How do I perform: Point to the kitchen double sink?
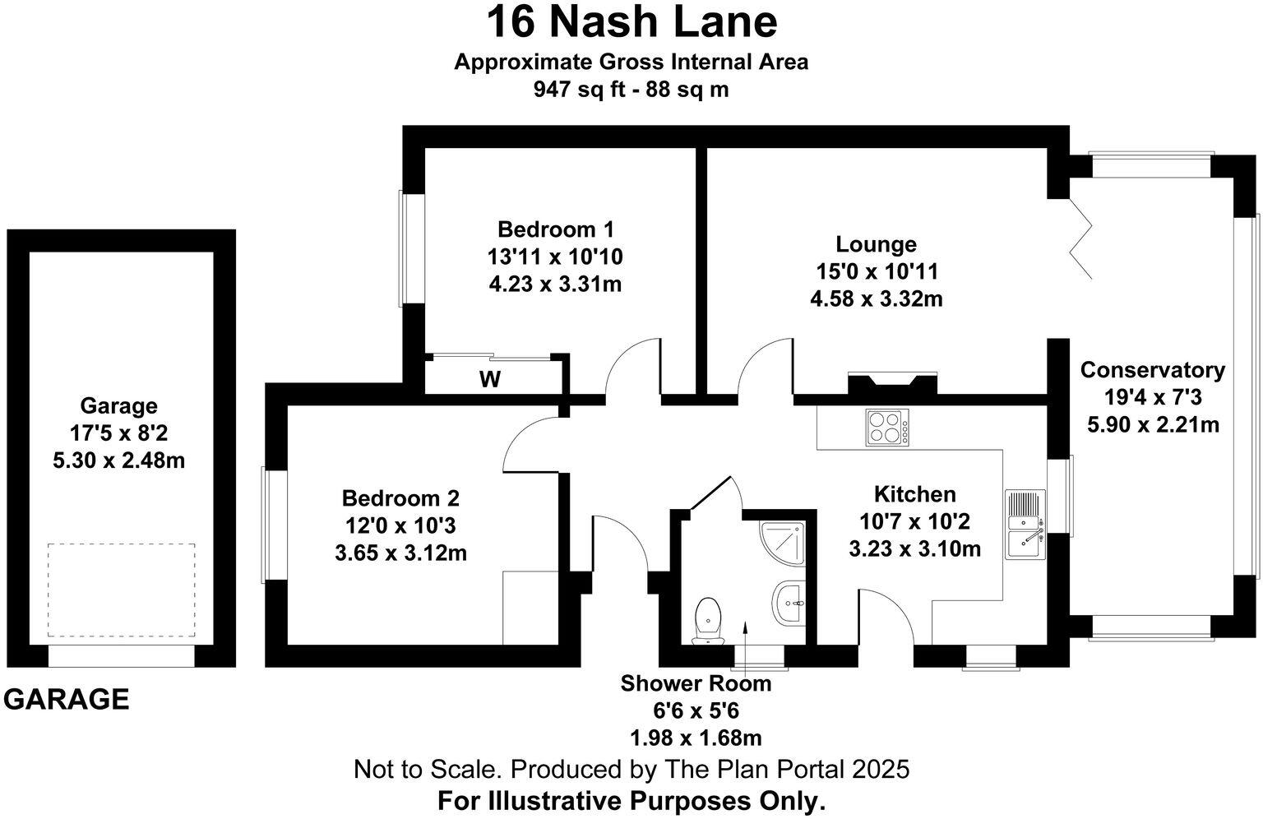click(x=1025, y=525)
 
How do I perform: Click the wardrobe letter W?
click(x=490, y=380)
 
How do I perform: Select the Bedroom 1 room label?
click(x=555, y=229)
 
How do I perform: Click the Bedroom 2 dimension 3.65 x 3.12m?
click(x=400, y=553)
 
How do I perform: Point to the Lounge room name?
click(x=876, y=244)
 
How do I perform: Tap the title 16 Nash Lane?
click(x=631, y=22)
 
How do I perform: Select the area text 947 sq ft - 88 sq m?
click(x=631, y=90)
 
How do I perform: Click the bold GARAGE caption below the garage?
click(x=67, y=699)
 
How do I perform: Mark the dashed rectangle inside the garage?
click(x=121, y=590)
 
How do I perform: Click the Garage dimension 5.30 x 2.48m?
click(x=118, y=460)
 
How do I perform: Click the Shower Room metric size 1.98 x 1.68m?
click(x=696, y=738)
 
